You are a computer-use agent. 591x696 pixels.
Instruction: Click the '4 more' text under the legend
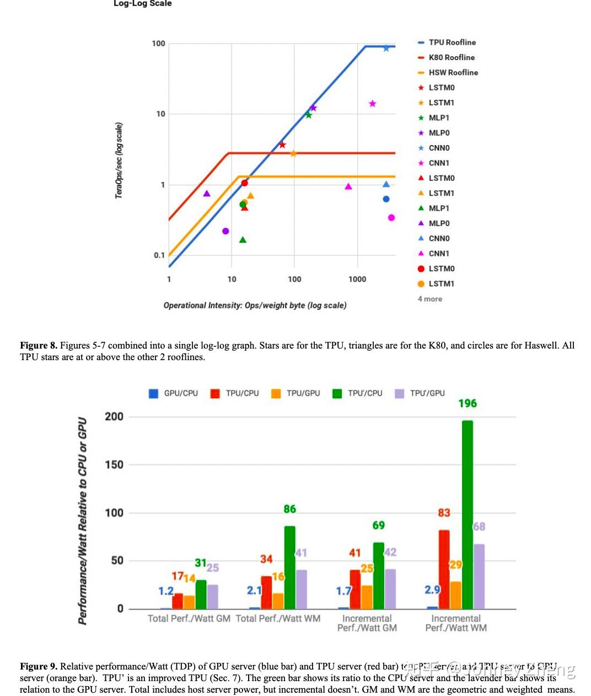coord(430,299)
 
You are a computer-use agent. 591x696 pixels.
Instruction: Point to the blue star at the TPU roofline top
coord(386,49)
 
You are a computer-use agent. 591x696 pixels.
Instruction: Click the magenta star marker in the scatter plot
coord(372,104)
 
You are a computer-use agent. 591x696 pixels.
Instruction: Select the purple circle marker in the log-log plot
coord(225,231)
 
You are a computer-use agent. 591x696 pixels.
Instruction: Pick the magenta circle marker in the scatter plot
coord(391,218)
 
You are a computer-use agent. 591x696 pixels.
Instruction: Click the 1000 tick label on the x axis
coord(357,279)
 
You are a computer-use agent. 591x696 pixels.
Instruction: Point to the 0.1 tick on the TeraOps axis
coord(159,255)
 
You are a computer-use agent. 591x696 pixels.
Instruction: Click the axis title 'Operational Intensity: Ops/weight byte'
coord(255,306)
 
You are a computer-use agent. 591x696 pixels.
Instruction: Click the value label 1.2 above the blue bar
coord(166,591)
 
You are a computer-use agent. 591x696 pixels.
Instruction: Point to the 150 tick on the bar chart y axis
coord(114,465)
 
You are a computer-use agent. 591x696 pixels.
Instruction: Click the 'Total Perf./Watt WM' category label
coord(278,619)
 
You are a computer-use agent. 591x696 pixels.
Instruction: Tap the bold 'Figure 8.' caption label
coord(38,346)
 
